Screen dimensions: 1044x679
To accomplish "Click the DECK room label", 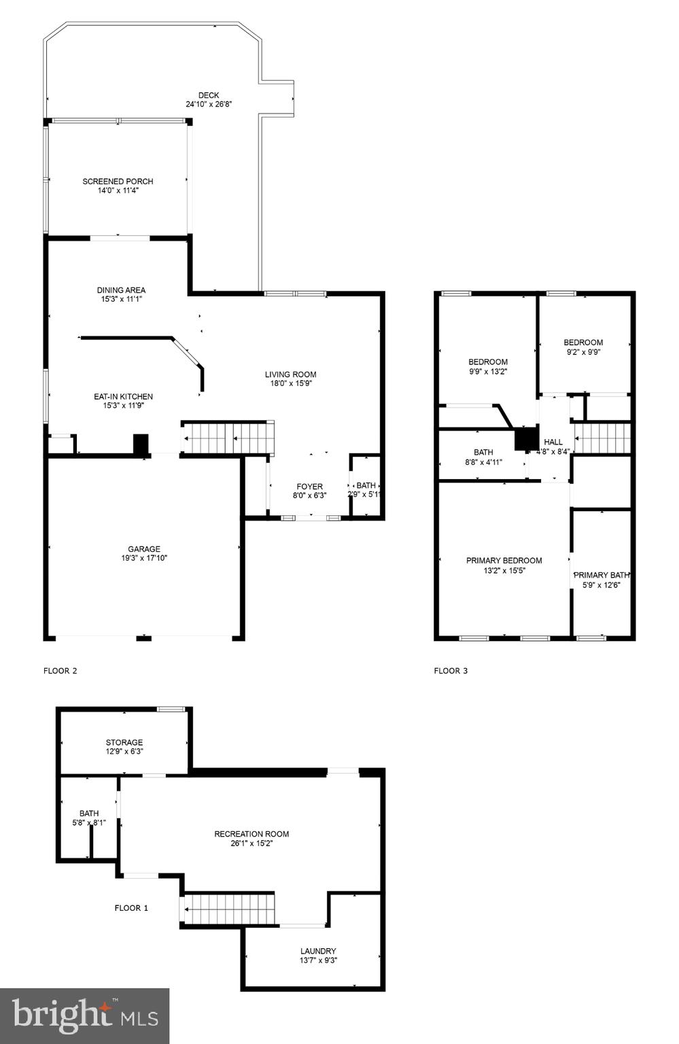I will point(209,95).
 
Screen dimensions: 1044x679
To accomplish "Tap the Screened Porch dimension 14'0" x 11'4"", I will point(118,191).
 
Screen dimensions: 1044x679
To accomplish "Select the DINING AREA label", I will point(121,290).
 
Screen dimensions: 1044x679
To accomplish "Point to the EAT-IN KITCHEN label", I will point(123,396).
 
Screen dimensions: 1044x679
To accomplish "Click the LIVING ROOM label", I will point(290,375).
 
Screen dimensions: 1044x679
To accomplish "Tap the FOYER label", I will point(309,487).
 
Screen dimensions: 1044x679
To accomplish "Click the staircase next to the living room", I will point(228,438).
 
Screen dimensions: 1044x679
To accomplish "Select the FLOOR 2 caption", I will point(60,671).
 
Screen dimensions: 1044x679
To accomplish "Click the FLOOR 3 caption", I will point(451,671).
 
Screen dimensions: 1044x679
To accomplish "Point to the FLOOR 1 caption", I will point(131,908).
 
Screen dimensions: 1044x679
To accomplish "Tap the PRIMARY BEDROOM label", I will point(504,561).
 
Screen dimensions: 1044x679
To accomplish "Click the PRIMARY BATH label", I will point(602,575).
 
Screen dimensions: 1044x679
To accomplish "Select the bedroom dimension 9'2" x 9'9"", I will point(583,352).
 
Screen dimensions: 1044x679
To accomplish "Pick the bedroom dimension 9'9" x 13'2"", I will point(488,372).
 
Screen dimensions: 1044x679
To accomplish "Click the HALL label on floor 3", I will point(553,442).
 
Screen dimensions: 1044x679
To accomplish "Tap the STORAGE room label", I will point(124,742).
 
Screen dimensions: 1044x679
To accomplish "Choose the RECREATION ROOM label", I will point(251,834).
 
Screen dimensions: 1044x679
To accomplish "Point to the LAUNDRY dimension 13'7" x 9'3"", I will point(318,960).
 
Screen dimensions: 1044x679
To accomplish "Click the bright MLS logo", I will point(85,1015).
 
